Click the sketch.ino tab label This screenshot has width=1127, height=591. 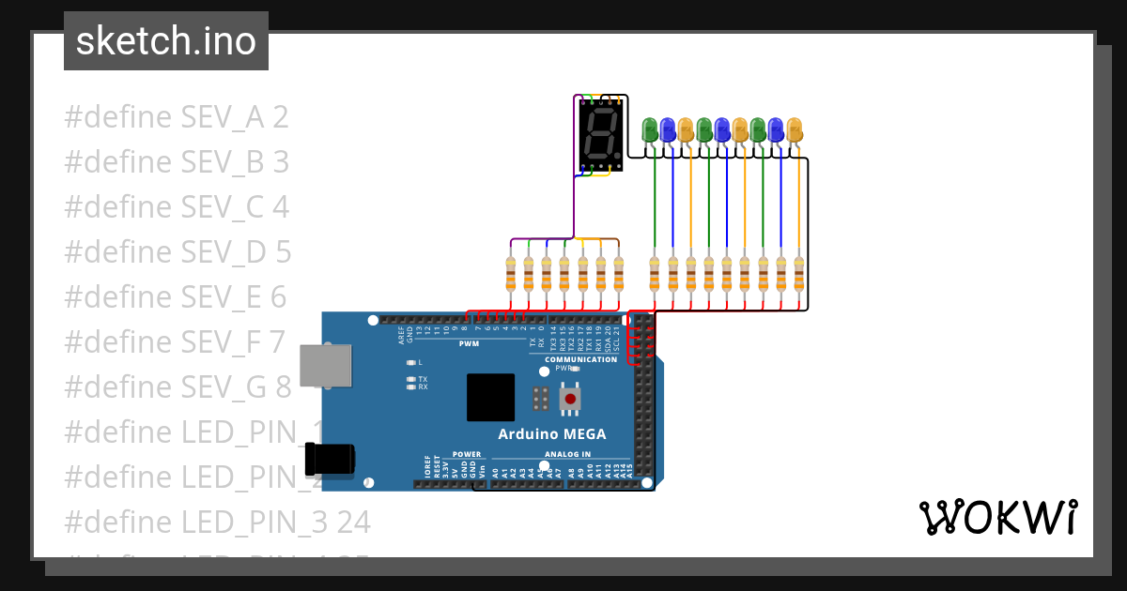point(166,41)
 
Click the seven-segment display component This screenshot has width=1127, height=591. point(600,135)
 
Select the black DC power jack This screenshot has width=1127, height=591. point(331,459)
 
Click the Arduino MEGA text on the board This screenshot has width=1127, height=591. point(551,433)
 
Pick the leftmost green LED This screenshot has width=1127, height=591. point(649,129)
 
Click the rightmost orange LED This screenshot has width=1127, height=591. point(795,129)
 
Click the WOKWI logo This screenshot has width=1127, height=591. point(997,517)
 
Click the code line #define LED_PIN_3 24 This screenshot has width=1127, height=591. point(217,522)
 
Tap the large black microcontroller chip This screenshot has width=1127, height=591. point(490,397)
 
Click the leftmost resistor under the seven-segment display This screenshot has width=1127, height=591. point(511,274)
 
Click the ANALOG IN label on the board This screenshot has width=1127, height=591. point(566,454)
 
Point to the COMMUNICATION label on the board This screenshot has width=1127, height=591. point(580,359)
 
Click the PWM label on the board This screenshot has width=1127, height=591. point(469,343)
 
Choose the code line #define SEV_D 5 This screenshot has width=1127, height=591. point(178,252)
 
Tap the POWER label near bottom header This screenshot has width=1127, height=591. point(467,454)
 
